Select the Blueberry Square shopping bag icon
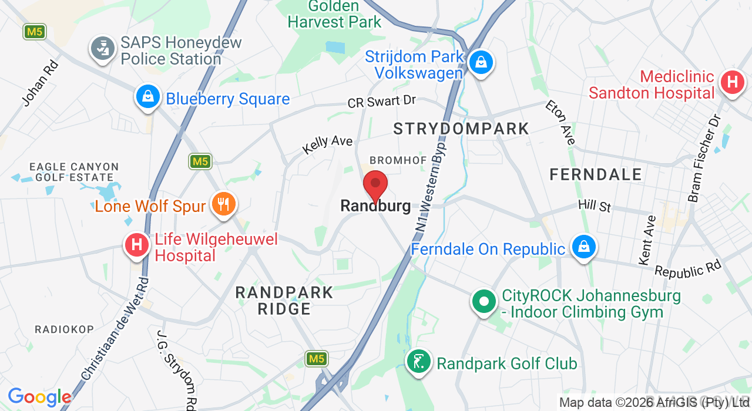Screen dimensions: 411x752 (x=148, y=97)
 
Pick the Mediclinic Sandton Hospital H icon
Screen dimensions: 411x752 (x=732, y=82)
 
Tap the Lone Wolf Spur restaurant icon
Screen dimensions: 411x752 (x=223, y=204)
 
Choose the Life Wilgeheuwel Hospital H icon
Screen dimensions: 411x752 (x=137, y=245)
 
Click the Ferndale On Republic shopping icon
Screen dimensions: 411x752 (x=583, y=248)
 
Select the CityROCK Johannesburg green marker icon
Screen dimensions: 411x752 (x=484, y=302)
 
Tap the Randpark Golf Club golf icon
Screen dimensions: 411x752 (x=419, y=362)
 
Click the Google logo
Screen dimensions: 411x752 (x=39, y=397)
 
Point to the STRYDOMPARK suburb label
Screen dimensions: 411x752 (x=461, y=129)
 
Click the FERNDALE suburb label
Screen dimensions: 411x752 (x=596, y=174)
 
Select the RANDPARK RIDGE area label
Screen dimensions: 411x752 (x=284, y=300)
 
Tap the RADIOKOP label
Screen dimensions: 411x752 (x=64, y=329)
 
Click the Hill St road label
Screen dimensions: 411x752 (x=595, y=206)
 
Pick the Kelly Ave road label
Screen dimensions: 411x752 (x=327, y=144)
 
